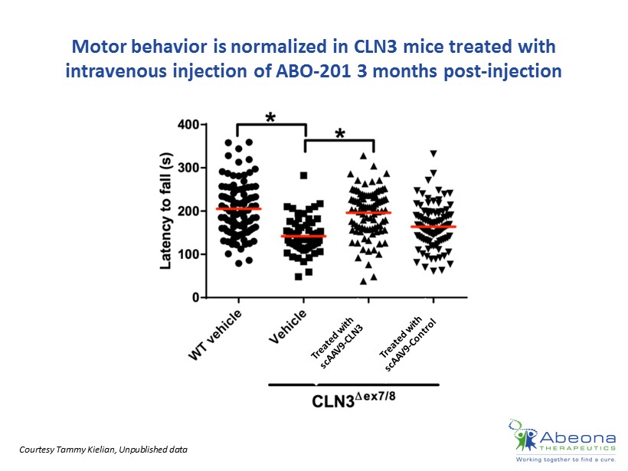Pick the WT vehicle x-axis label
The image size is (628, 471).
217,334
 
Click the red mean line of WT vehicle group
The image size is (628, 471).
238,208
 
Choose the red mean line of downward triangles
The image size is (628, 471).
433,227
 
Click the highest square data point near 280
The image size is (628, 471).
303,175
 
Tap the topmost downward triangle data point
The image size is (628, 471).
433,154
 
